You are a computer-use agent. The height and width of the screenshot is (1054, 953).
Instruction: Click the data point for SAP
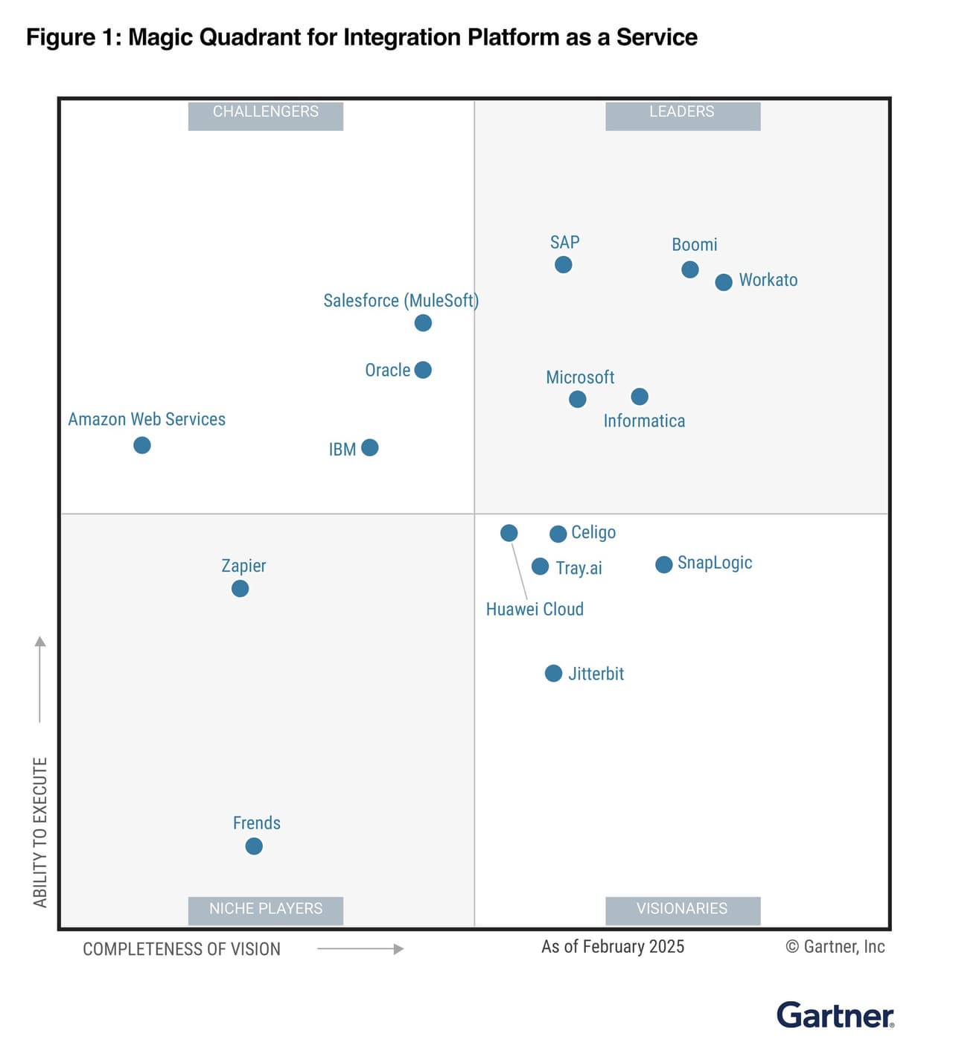point(564,265)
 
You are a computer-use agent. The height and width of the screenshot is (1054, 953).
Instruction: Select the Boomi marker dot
point(690,269)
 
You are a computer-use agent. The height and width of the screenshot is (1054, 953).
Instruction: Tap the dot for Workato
point(724,282)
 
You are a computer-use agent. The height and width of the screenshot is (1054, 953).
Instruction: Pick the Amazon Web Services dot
point(142,445)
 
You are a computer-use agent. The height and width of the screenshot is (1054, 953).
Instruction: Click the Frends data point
point(254,846)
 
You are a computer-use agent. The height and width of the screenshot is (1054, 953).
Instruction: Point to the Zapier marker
point(240,589)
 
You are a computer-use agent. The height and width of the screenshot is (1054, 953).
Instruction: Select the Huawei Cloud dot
point(509,533)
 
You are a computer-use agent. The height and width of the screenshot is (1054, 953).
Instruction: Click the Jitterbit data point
point(553,674)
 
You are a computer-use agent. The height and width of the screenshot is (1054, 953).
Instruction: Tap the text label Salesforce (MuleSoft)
point(401,301)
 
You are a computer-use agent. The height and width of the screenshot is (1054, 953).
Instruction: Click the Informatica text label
point(644,421)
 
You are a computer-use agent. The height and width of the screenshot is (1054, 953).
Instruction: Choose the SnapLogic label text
point(715,563)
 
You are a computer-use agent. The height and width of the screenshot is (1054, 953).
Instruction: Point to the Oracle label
point(387,371)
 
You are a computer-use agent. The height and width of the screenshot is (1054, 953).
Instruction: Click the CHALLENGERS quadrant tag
point(266,112)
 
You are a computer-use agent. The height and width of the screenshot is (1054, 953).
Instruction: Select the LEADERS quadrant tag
point(682,112)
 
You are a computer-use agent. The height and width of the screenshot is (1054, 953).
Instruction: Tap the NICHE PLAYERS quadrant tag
point(266,909)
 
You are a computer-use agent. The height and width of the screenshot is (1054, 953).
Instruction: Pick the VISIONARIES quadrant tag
point(682,909)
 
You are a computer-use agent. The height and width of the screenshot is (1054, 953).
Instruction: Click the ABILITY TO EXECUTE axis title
point(40,832)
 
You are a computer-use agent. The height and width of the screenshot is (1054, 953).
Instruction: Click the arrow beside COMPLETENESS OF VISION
point(360,949)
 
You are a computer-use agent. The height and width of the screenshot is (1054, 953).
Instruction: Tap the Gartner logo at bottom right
point(835,1015)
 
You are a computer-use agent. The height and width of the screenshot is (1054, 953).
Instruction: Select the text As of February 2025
point(613,947)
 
